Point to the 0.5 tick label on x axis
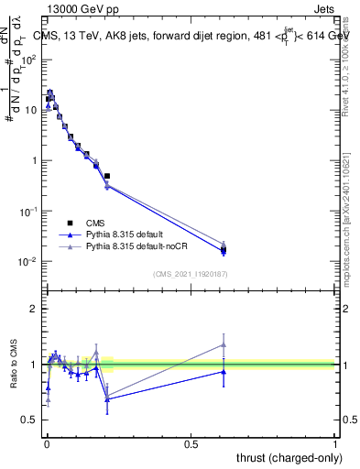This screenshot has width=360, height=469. [x=191, y=442]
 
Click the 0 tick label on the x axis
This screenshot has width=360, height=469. [x=46, y=442]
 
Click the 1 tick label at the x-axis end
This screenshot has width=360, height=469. [x=335, y=442]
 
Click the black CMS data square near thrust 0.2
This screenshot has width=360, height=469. [x=107, y=176]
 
